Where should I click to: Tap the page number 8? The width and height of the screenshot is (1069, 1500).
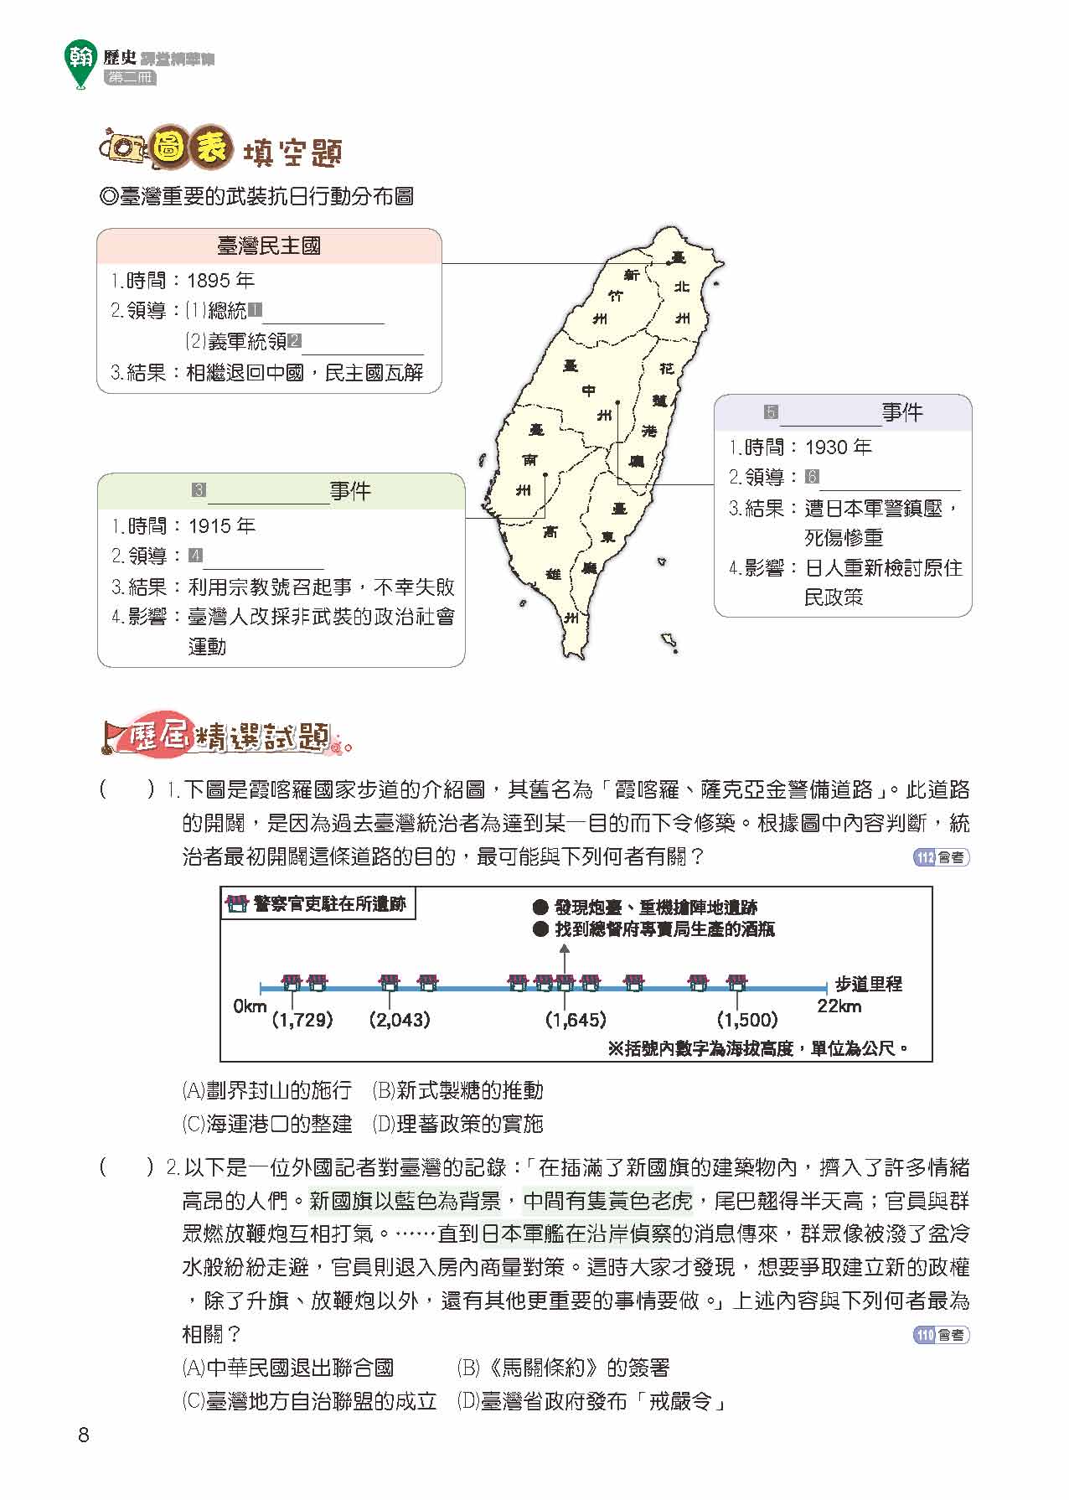coord(83,1435)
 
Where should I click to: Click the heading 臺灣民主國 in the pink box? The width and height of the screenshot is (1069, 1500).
coord(268,246)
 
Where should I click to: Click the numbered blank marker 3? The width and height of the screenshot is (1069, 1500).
coord(199,490)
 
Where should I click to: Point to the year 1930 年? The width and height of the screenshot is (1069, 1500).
coord(838,447)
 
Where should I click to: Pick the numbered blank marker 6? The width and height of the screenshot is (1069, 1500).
coord(812,477)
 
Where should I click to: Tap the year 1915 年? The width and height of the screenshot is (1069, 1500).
coord(221,526)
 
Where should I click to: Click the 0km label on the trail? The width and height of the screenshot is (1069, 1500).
coord(250,1006)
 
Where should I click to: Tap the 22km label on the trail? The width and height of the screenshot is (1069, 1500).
coord(839,1006)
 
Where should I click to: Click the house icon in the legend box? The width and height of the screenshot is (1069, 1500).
coord(237,904)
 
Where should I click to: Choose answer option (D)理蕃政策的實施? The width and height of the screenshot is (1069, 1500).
coord(457,1124)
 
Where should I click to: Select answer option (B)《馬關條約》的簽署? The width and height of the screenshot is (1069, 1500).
coord(563,1368)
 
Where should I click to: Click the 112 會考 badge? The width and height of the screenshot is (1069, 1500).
coord(939,858)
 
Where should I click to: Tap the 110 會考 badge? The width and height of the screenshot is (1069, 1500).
coord(939,1335)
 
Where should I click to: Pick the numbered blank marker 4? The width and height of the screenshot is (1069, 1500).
coord(195,556)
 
